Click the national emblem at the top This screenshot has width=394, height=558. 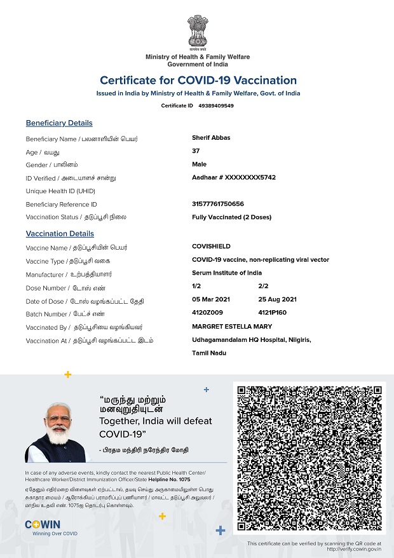pyautogui.click(x=197, y=32)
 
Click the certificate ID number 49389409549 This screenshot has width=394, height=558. pyautogui.click(x=216, y=105)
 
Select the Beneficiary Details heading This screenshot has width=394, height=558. pyautogui.click(x=59, y=123)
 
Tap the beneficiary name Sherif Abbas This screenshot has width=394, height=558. pyautogui.click(x=211, y=138)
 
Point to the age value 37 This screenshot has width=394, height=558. pyautogui.click(x=196, y=151)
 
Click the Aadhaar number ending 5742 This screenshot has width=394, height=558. pyautogui.click(x=234, y=177)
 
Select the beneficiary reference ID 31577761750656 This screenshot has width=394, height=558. pyautogui.click(x=218, y=204)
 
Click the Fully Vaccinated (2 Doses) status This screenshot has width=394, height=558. pyautogui.click(x=231, y=217)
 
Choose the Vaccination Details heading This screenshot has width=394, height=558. pyautogui.click(x=60, y=234)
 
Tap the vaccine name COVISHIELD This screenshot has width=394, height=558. pyautogui.click(x=211, y=247)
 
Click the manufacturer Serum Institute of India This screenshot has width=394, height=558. pyautogui.click(x=227, y=273)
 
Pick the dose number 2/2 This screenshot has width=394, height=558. pyautogui.click(x=264, y=287)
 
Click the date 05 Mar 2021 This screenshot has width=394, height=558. pyautogui.click(x=211, y=299)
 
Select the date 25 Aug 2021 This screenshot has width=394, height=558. pyautogui.click(x=278, y=299)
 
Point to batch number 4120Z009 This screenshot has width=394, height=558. pyautogui.click(x=207, y=313)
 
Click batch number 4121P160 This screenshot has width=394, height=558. pyautogui.click(x=273, y=313)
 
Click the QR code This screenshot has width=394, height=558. pyautogui.click(x=309, y=458)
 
